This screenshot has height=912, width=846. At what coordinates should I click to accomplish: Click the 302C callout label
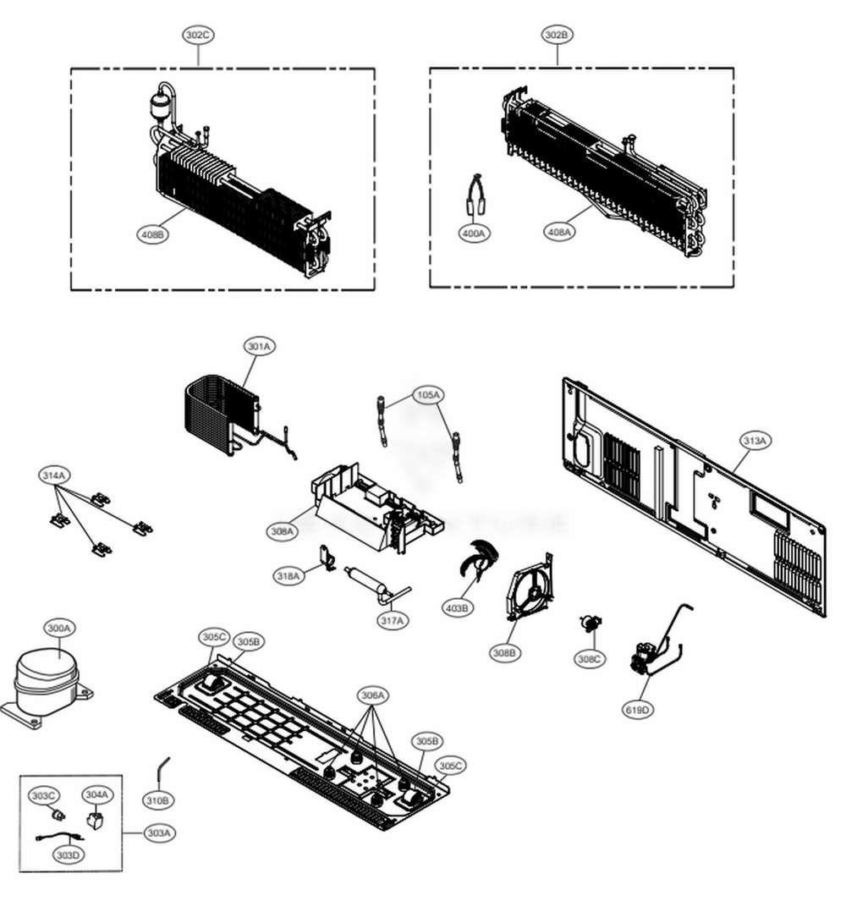tap(198, 35)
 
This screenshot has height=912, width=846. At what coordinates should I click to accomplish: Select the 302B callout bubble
tap(557, 35)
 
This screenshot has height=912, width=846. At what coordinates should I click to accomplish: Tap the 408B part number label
tap(153, 234)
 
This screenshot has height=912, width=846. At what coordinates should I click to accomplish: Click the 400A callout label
tap(474, 233)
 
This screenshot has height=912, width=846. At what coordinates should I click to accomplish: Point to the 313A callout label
tap(755, 441)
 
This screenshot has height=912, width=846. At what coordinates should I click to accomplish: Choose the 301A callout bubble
tap(260, 346)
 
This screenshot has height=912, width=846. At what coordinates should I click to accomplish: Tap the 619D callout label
tap(638, 710)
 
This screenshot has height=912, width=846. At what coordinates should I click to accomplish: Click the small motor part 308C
tap(590, 624)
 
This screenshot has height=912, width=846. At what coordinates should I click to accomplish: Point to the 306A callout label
tap(373, 695)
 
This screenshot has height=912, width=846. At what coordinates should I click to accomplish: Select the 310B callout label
tap(157, 799)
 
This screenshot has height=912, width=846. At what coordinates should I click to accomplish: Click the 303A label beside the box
tap(158, 833)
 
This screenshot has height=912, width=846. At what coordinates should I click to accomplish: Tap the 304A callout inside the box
tap(96, 794)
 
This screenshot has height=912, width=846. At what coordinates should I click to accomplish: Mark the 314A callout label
tap(54, 476)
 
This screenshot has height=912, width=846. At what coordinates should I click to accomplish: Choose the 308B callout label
tap(505, 652)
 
